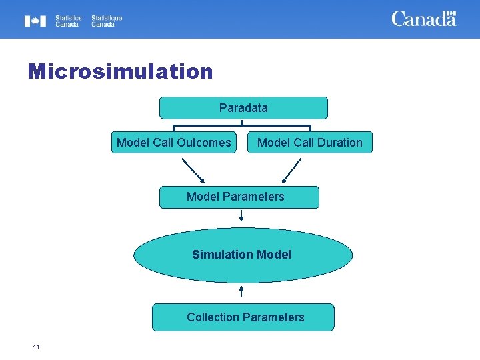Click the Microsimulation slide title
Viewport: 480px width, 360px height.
pos(120,71)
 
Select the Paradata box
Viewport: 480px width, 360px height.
pos(243,107)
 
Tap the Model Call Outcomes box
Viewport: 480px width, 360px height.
pos(173,142)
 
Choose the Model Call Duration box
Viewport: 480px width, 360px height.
pos(310,142)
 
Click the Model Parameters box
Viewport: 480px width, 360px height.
pos(239,197)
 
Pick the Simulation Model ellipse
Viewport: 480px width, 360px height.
pos(243,255)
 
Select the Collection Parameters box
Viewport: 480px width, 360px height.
pos(243,317)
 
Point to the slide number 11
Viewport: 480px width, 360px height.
pos(36,347)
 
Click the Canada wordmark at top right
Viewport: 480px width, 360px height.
pos(424,19)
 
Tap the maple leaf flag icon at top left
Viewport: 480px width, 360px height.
pos(35,21)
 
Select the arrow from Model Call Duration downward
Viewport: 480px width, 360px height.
pos(293,169)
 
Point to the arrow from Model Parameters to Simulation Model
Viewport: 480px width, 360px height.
pos(241,215)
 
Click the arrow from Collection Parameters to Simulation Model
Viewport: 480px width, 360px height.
pos(241,292)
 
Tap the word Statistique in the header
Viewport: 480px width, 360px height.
pos(107,18)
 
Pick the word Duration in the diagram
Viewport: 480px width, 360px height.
pos(338,142)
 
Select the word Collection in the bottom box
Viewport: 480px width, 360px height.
pos(213,317)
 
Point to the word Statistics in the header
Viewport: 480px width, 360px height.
pos(68,18)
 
